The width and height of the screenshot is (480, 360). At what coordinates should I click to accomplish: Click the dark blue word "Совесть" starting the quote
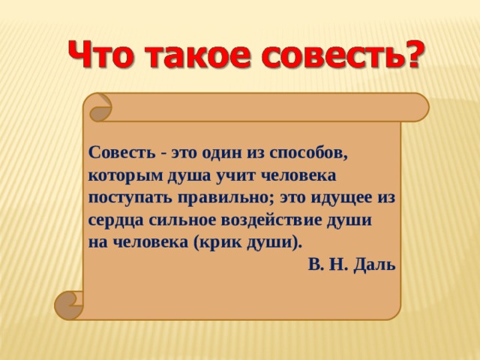tap(122, 152)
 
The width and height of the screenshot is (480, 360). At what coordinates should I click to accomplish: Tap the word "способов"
tap(308, 153)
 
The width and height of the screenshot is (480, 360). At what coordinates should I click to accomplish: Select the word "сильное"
tap(182, 220)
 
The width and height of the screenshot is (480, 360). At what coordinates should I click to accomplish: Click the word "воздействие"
tap(271, 220)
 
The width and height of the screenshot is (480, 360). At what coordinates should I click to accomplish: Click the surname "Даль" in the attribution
tap(374, 265)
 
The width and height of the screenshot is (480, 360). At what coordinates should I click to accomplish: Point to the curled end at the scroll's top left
tap(100, 108)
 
